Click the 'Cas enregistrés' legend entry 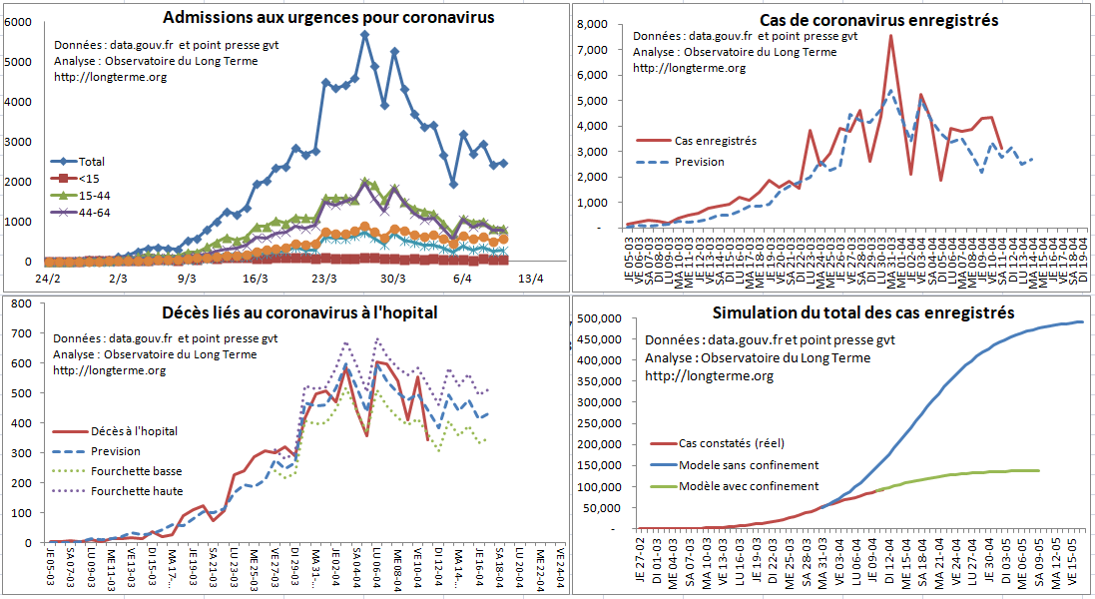tap(715, 141)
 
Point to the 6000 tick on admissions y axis tap(18, 22)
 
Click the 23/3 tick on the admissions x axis tap(322, 279)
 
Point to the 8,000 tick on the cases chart tap(593, 25)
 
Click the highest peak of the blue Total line tap(365, 35)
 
